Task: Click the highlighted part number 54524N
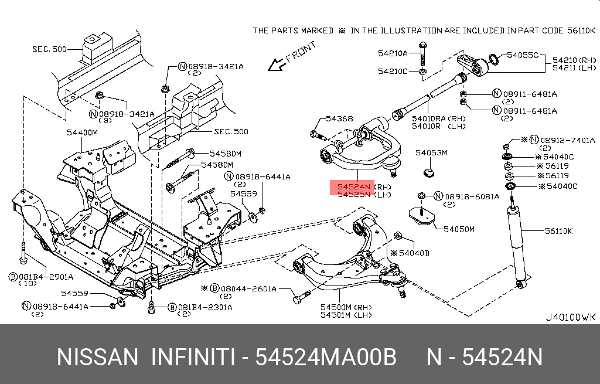coord(353,186)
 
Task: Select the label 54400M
coord(82,132)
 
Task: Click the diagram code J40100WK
coord(570,317)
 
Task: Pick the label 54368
coord(339,119)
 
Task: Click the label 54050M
coord(459,229)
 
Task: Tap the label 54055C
coord(522,55)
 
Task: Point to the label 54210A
coord(393,53)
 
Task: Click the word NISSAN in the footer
coord(97,357)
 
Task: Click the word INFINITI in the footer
coord(193,357)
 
